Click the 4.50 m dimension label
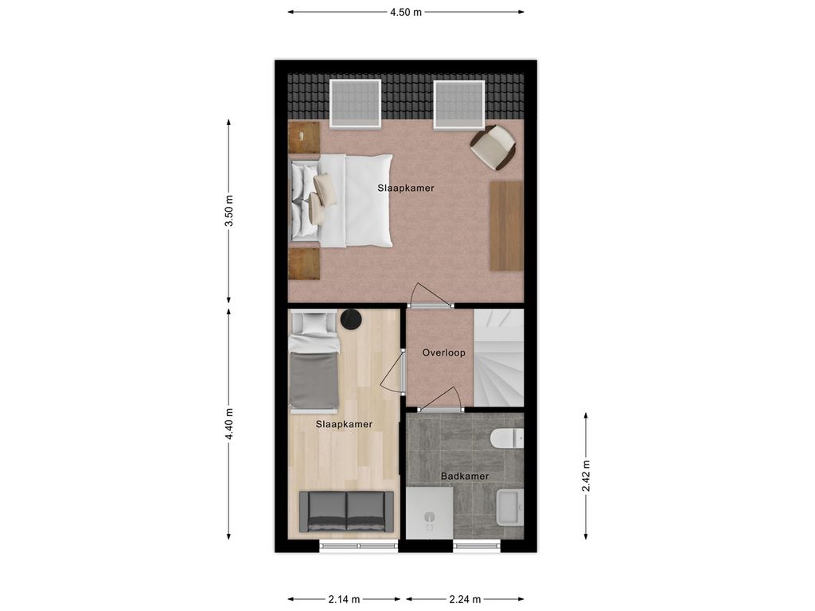pos(406,12)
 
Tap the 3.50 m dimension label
pos(229,211)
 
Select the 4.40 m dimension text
pos(229,424)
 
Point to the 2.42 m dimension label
pos(586,476)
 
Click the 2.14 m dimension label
pos(344,599)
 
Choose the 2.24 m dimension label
pos(465,599)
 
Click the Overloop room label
pos(443,352)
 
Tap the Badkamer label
pos(465,477)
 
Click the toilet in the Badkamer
pos(506,438)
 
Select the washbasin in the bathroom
pos(509,508)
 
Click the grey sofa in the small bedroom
pos(346,512)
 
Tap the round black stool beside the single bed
pos(352,319)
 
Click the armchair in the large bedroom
pos(493,147)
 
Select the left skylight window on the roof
pos(355,104)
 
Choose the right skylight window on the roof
pos(459,104)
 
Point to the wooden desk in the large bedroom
pos(505,225)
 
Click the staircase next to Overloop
pos(499,358)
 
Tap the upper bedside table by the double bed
pos(303,137)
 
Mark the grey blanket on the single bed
pos(314,379)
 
